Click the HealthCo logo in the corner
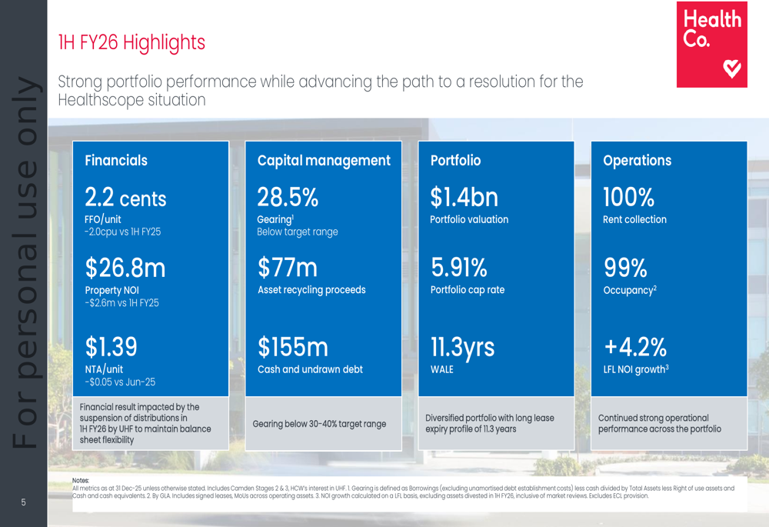pos(711,45)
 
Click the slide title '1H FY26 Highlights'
pos(131,42)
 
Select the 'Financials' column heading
pos(116,161)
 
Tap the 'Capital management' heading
pos(324,161)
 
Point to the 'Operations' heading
pos(637,161)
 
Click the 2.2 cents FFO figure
pos(125,198)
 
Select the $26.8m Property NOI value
pos(125,269)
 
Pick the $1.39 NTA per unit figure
pos(112,347)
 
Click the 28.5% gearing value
pos(288,198)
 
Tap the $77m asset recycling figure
pos(288,268)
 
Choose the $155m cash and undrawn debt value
pos(293,348)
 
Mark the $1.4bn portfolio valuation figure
pos(464,198)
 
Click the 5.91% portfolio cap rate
pos(459,268)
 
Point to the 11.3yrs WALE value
pos(462,348)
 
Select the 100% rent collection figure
pos(628,198)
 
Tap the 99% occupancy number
pos(625,268)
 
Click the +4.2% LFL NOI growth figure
pos(634,348)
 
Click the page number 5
pos(23,503)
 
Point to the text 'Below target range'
pos(297,232)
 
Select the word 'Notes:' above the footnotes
pos(81,481)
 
